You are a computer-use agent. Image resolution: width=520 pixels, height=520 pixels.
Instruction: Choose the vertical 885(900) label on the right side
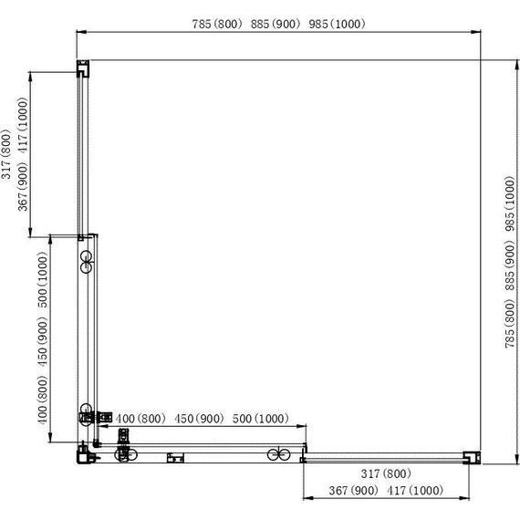coord(510,274)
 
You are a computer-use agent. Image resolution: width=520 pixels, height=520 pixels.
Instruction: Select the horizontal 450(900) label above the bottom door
coord(198,418)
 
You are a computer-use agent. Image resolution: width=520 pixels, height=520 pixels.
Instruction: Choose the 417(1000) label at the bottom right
coord(414,491)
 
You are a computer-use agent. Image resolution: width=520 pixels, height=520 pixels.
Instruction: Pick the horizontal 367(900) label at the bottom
coord(353,491)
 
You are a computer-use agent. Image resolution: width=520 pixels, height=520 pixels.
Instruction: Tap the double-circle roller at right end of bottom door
coord(278,453)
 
